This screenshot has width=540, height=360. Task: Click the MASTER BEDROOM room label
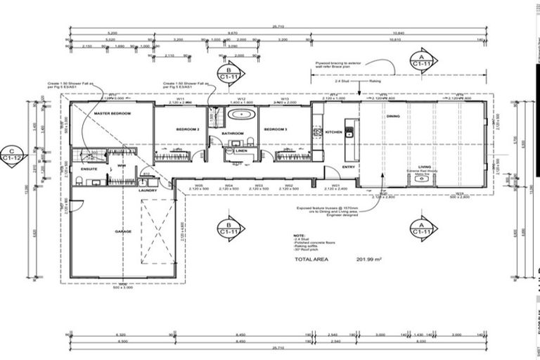(112, 112)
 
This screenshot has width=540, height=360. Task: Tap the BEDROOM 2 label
(188, 129)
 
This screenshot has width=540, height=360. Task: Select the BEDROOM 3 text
(275, 129)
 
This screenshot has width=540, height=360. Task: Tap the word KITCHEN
(333, 131)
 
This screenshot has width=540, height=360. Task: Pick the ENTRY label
(349, 167)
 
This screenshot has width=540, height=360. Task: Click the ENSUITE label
(89, 169)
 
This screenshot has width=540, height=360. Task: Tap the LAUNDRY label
(148, 190)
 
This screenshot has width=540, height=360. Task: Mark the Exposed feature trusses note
(328, 210)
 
